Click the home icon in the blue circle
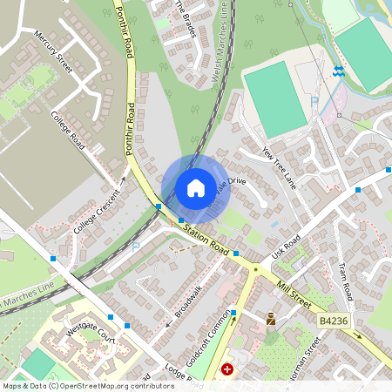[x=195, y=188]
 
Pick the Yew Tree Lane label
[x=280, y=167]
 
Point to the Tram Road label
[x=345, y=280]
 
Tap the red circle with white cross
[x=228, y=370]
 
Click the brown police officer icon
[x=271, y=319]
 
